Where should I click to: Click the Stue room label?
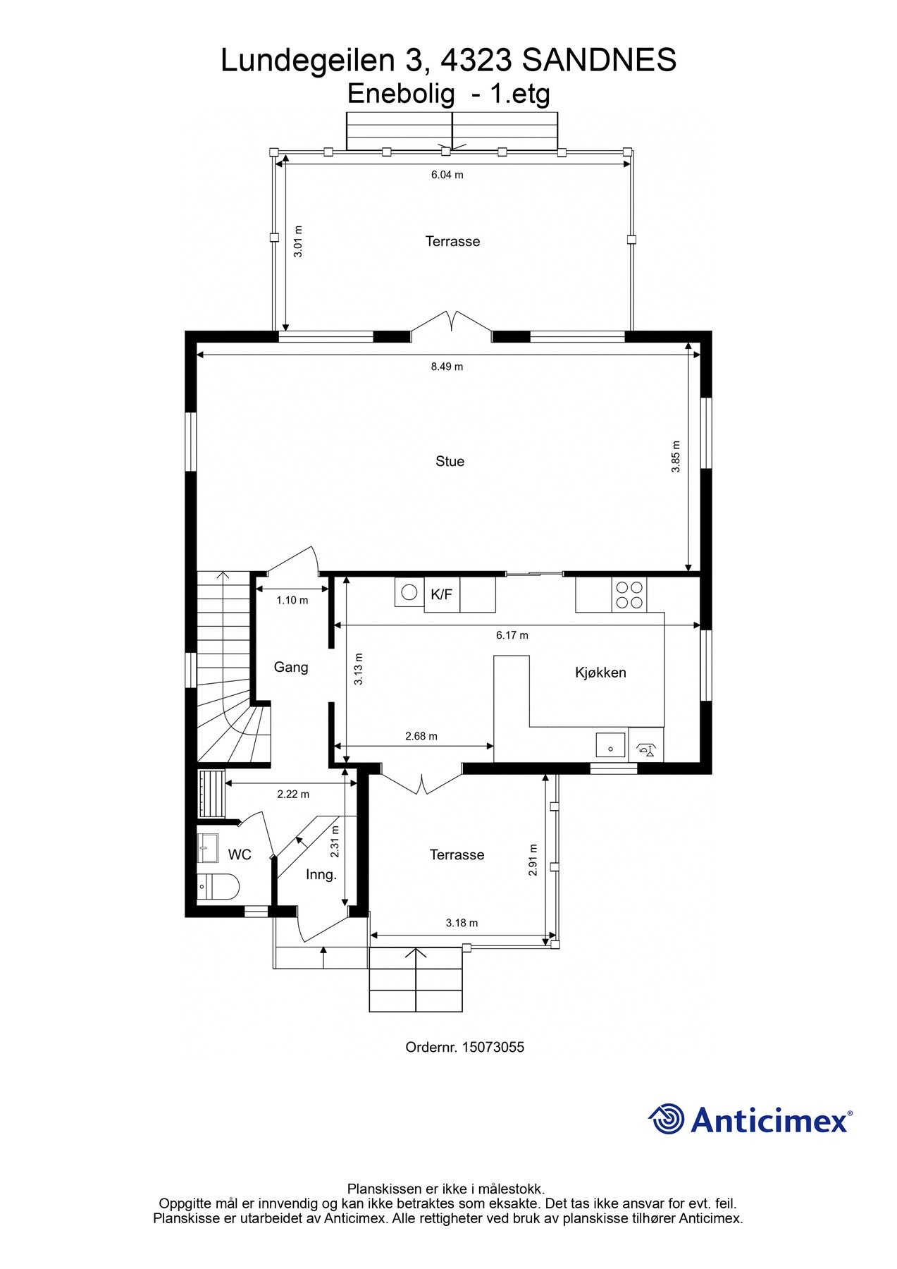pyautogui.click(x=450, y=461)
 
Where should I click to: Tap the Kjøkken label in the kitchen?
pyautogui.click(x=600, y=673)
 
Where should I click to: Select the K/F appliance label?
pyautogui.click(x=441, y=594)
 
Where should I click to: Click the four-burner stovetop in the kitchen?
pyautogui.click(x=629, y=594)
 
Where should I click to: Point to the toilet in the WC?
pyautogui.click(x=218, y=886)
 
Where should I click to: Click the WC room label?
pyautogui.click(x=240, y=854)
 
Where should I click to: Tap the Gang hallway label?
pyautogui.click(x=291, y=667)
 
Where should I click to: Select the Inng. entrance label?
pyautogui.click(x=321, y=875)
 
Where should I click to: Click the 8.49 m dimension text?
pyautogui.click(x=447, y=367)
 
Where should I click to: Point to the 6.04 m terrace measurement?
pyautogui.click(x=447, y=175)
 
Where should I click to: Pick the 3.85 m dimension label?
pyautogui.click(x=676, y=456)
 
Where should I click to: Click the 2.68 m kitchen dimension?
pyautogui.click(x=421, y=736)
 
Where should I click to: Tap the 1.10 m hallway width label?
pyautogui.click(x=292, y=601)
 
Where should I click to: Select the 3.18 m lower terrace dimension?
pyautogui.click(x=462, y=923)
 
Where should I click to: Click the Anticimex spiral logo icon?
pyautogui.click(x=667, y=1119)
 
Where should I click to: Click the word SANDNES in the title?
pyautogui.click(x=599, y=61)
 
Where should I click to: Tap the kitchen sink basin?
pyautogui.click(x=610, y=744)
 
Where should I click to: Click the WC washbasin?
pyautogui.click(x=209, y=847)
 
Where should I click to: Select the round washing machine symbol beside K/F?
pyautogui.click(x=409, y=592)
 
